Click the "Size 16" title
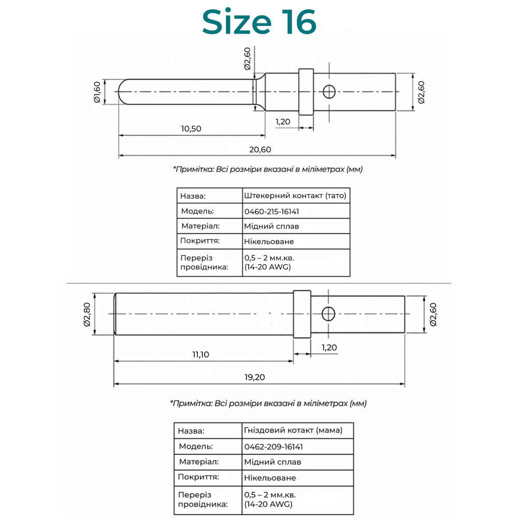pos(260,22)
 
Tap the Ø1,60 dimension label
pos(97,92)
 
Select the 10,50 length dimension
pos(191,128)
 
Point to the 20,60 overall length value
pos(260,149)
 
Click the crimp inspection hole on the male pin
pos(329,92)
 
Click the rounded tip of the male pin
pos(121,92)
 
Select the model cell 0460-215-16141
pos(271,211)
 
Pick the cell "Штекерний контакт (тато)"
pos(295,196)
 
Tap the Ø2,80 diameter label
pos(87,314)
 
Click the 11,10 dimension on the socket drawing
pos(200,354)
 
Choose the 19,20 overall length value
pos(254,377)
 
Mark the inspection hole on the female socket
pos(328,314)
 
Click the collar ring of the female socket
pos(303,314)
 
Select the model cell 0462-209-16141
pos(274,447)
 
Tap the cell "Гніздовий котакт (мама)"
pos(293,430)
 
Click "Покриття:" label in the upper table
pos(200,241)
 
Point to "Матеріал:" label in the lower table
pos(199,462)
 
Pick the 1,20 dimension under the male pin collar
pos(283,122)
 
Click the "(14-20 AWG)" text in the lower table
pos(268,504)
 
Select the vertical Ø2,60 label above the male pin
pos(248,59)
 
